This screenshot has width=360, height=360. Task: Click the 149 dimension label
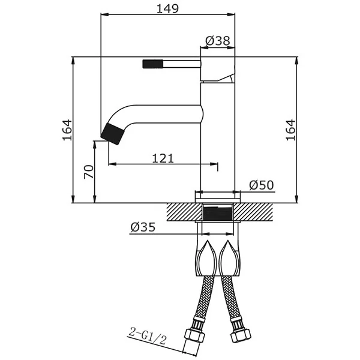(x=167, y=9)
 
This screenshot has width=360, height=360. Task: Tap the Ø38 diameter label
(x=217, y=41)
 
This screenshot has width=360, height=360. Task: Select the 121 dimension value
(x=163, y=158)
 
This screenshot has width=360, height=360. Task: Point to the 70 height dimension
(x=89, y=172)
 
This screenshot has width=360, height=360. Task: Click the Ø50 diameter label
(x=262, y=185)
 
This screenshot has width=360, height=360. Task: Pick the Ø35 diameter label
(x=143, y=227)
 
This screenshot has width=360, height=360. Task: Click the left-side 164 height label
(x=67, y=130)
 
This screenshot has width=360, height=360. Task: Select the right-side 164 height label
(x=290, y=130)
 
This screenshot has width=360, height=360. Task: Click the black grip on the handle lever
(x=152, y=64)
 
